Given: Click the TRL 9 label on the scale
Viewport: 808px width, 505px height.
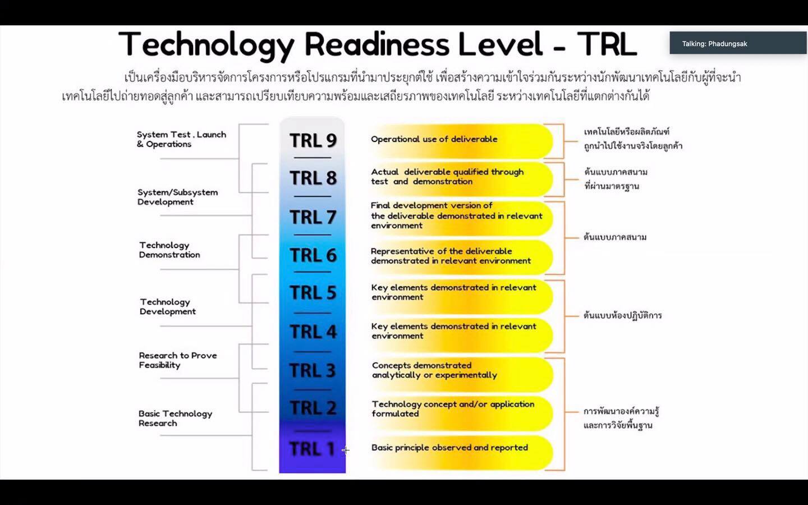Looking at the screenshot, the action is tap(313, 140).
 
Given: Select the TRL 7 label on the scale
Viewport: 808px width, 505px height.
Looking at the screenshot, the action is tap(313, 217).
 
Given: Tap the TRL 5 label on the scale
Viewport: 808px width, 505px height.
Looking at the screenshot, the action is tap(313, 292).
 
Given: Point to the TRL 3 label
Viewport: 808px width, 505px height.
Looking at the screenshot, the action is tap(313, 370).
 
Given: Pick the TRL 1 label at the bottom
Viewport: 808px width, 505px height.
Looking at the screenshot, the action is tap(313, 449).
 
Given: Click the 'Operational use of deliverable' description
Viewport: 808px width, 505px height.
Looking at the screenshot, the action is tap(434, 139).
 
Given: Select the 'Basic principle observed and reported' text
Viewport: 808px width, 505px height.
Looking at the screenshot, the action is tap(449, 448).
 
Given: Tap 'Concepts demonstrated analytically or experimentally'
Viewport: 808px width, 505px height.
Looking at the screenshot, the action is tap(434, 370).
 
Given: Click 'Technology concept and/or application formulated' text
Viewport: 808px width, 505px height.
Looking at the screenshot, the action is tap(453, 408).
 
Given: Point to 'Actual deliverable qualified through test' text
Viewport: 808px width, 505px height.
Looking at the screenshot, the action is tap(447, 177).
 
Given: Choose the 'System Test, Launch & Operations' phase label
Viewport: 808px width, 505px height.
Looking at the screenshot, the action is tap(181, 139).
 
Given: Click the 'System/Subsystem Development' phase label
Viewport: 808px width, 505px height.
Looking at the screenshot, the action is tap(177, 197).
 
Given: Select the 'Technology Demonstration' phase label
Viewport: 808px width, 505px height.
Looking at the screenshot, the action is tap(169, 250).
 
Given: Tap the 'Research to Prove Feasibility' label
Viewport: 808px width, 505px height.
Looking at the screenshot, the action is tap(178, 360).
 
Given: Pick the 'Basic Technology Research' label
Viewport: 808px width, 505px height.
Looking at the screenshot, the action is tap(175, 419).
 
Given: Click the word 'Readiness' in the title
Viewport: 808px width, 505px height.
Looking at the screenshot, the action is tap(377, 44).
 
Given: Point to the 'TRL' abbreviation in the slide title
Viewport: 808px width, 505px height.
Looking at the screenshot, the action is tap(607, 44).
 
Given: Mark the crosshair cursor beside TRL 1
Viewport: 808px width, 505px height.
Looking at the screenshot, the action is tap(346, 450).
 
